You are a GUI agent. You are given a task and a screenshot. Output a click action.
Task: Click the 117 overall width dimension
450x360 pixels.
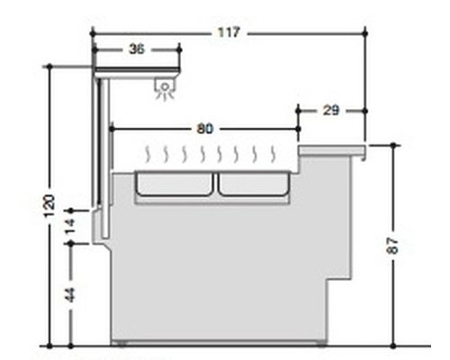click(229, 32)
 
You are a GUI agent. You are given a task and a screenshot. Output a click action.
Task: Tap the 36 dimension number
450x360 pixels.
click(137, 49)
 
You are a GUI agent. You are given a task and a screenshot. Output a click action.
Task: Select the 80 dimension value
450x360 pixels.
click(205, 129)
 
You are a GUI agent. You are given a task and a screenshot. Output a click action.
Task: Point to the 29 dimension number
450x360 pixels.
click(331, 111)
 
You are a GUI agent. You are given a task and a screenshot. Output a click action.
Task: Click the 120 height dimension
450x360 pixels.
click(49, 206)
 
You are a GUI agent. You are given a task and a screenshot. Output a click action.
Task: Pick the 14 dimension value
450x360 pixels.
click(70, 226)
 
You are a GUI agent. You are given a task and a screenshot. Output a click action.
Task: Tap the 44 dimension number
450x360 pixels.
click(70, 294)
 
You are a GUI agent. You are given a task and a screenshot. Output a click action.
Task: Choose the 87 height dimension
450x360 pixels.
click(393, 246)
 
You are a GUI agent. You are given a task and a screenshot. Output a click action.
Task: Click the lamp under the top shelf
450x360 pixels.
click(165, 88)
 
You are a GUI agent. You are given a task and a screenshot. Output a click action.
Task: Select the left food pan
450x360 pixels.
click(174, 184)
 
